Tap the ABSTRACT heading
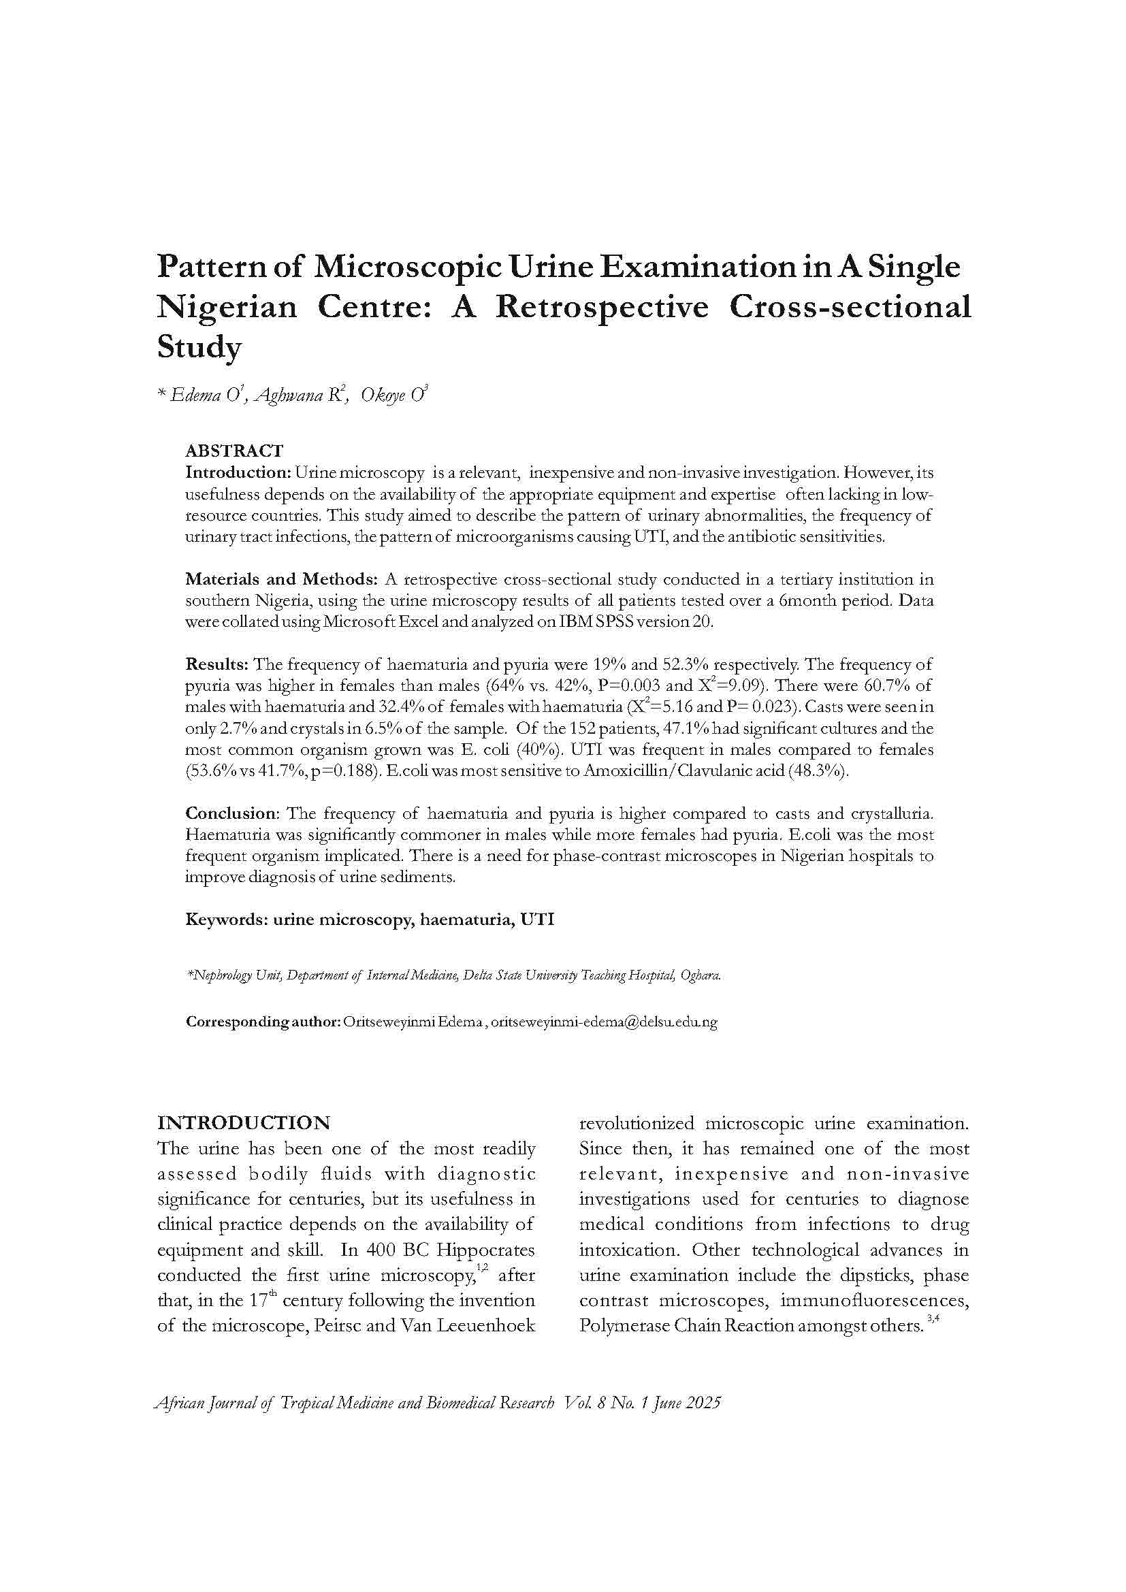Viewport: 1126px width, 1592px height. (234, 451)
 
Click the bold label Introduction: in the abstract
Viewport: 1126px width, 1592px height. (237, 473)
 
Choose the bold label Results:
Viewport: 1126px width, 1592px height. (216, 664)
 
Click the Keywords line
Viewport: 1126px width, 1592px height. (370, 920)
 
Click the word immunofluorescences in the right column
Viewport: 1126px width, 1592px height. (874, 1300)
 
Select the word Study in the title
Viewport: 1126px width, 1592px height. (199, 347)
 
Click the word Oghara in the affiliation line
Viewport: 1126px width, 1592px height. (701, 975)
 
